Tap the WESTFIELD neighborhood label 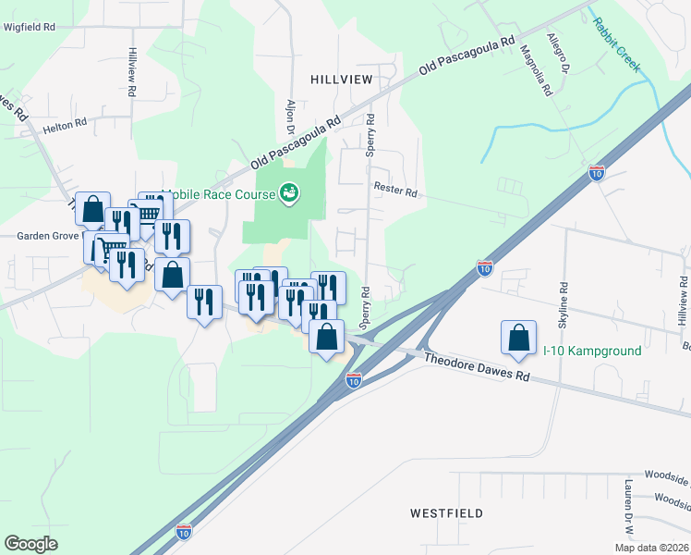(x=446, y=512)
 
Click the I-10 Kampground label (x=591, y=351)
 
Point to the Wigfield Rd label (x=30, y=28)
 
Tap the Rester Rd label (x=395, y=188)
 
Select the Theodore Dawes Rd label (x=477, y=364)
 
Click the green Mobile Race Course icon (x=289, y=192)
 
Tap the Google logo (x=31, y=544)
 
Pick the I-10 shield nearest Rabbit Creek (x=597, y=173)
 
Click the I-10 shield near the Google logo (x=184, y=532)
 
